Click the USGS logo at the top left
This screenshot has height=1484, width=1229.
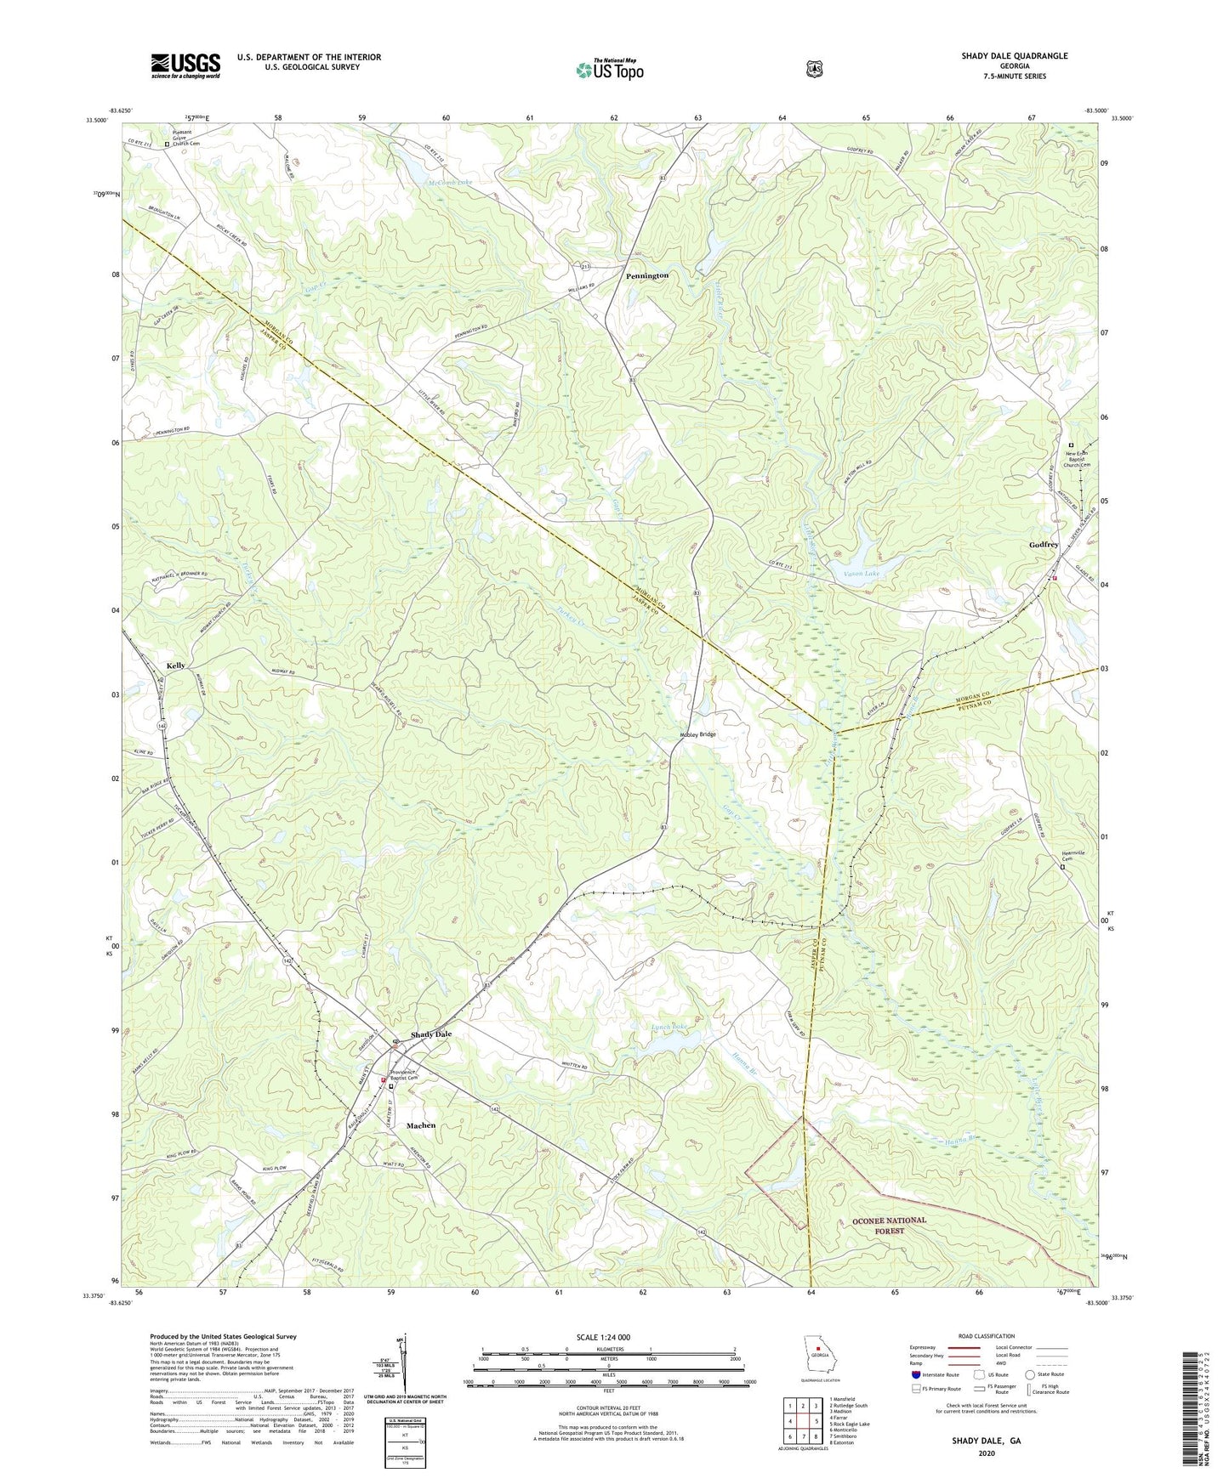(185, 65)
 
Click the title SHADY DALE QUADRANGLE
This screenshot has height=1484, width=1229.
(1015, 56)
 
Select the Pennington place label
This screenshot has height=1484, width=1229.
(647, 276)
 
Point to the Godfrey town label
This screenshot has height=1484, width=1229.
(1044, 545)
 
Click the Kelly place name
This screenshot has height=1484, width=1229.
(176, 666)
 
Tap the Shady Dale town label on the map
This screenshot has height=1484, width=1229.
(431, 1034)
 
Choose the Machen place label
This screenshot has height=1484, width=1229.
(421, 1125)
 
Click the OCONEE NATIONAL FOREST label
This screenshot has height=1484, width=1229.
(889, 1225)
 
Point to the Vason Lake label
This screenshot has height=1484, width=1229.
(862, 574)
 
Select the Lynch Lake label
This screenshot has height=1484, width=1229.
(669, 1028)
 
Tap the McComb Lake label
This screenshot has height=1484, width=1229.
(449, 183)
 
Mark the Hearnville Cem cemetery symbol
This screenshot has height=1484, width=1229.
(1062, 868)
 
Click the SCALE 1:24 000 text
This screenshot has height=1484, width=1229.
(603, 1338)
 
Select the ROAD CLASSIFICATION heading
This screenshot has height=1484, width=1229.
(986, 1336)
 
